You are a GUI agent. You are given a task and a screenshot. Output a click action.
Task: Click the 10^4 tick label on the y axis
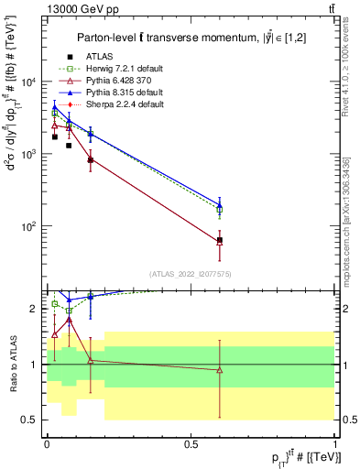(x=27, y=82)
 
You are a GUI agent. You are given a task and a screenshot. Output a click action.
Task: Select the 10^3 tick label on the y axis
(x=27, y=154)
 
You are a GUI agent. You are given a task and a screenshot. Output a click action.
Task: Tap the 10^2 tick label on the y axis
(x=27, y=226)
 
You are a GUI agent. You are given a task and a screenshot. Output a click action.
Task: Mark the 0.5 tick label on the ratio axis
(x=29, y=420)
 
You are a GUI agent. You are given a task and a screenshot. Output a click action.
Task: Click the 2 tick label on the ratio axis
(x=33, y=309)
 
